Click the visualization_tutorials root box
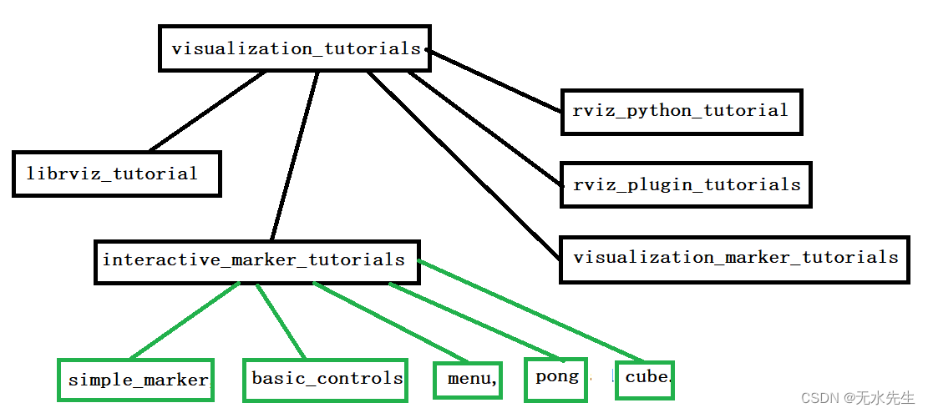coord(294,48)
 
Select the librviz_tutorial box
coord(116,174)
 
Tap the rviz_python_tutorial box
coord(680,111)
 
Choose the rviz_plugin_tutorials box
coord(686,185)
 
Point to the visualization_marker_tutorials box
coord(734,258)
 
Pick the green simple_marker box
coord(135,380)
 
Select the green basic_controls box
coord(325,379)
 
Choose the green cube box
coord(645,378)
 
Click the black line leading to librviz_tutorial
coord(207,111)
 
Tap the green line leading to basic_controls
coord(281,322)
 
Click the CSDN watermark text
coord(857,398)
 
